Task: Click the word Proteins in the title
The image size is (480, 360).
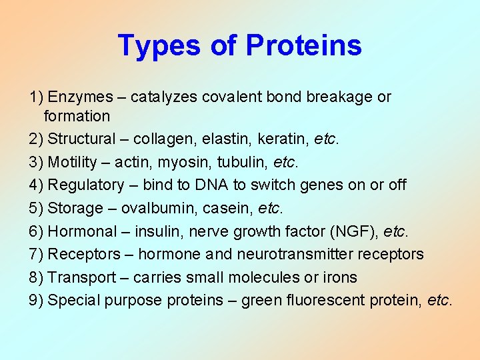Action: tap(303, 45)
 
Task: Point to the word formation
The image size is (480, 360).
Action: tap(77, 116)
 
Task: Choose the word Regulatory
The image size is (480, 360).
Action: tap(86, 185)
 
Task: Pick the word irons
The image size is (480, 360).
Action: tap(341, 277)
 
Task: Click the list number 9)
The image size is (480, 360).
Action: tap(36, 300)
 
